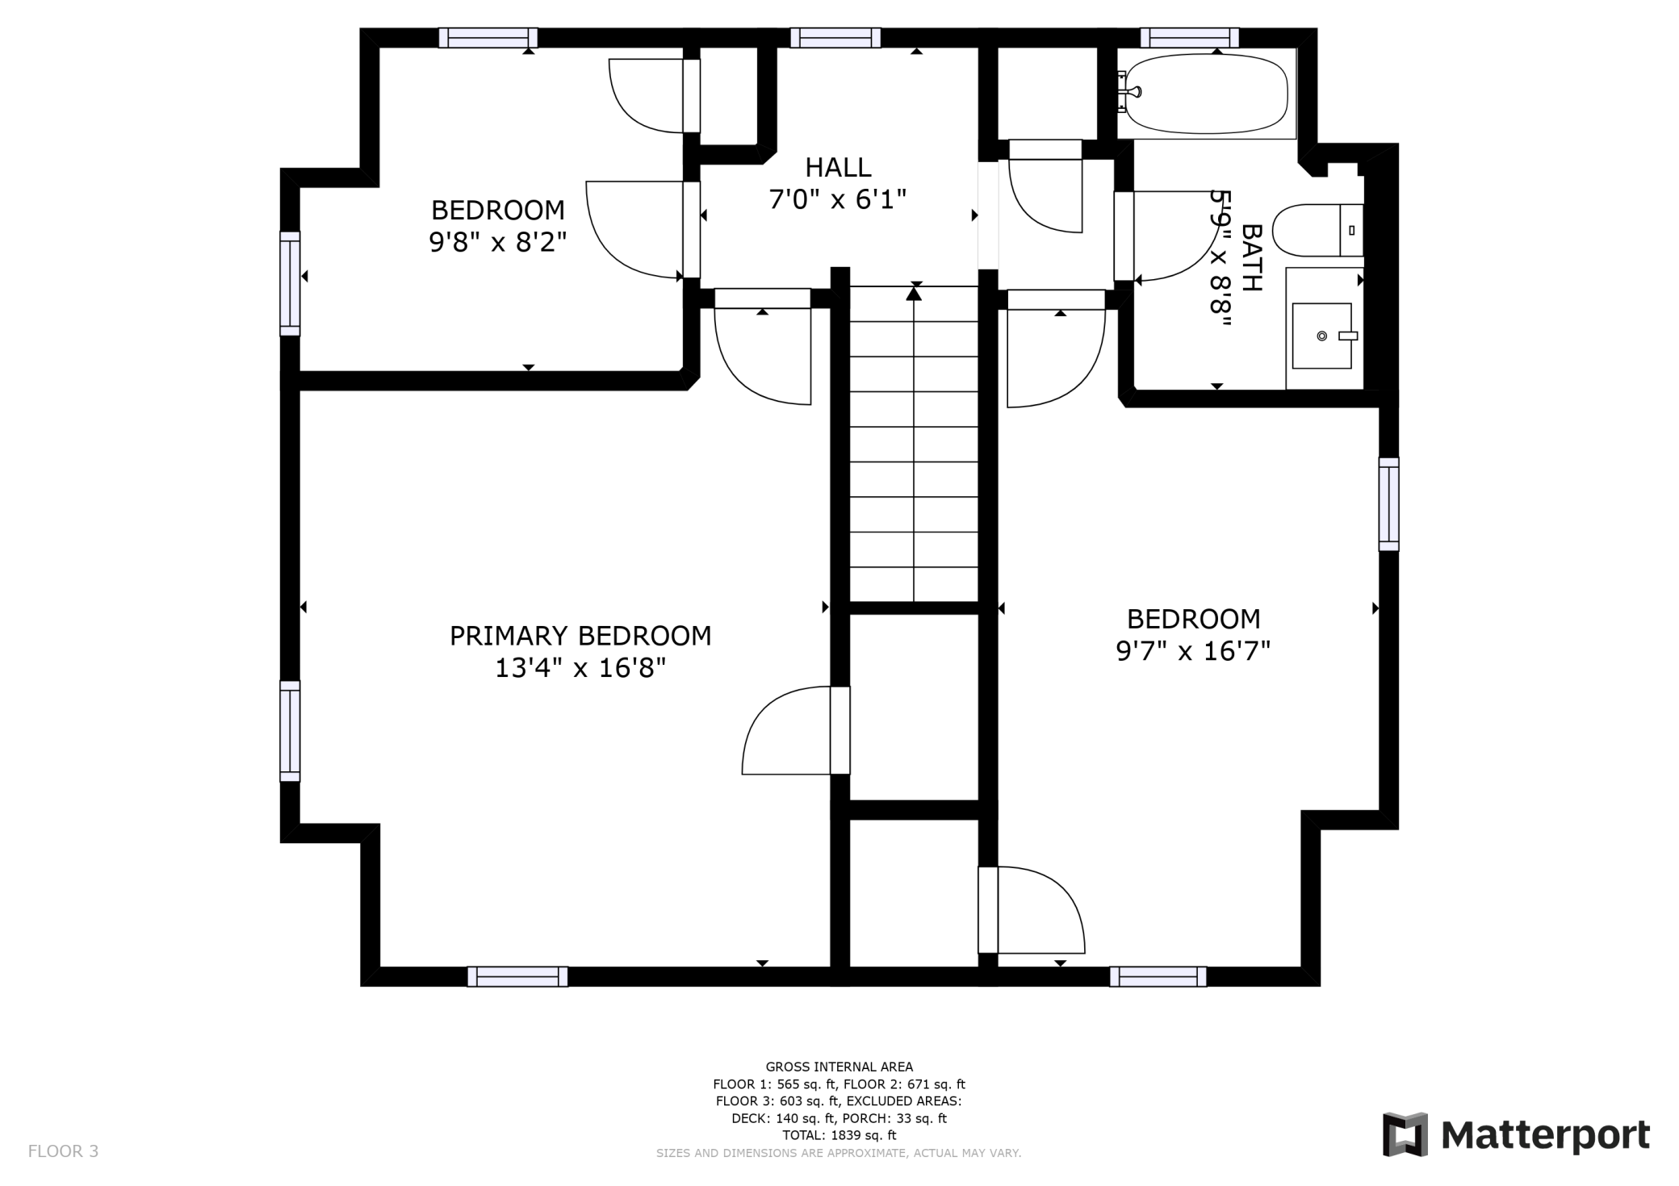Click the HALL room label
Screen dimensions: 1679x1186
(838, 168)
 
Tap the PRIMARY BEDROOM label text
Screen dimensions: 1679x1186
(580, 636)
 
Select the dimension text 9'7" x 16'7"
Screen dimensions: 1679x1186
(1193, 650)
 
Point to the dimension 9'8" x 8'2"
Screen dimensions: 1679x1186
(498, 241)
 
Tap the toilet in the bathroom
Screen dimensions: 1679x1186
(1318, 230)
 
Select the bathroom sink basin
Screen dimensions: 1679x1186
(1322, 336)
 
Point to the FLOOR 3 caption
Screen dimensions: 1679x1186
(63, 1151)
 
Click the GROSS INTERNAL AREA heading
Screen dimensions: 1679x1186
(839, 1067)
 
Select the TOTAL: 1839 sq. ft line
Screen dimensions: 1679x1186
(839, 1135)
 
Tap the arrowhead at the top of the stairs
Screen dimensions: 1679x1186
(914, 294)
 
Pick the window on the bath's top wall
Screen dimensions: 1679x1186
(1189, 38)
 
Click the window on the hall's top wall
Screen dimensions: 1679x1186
(835, 38)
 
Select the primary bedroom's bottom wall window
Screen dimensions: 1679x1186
(517, 976)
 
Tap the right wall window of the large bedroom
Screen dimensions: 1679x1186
(1388, 504)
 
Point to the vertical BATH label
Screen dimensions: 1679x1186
(1250, 257)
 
